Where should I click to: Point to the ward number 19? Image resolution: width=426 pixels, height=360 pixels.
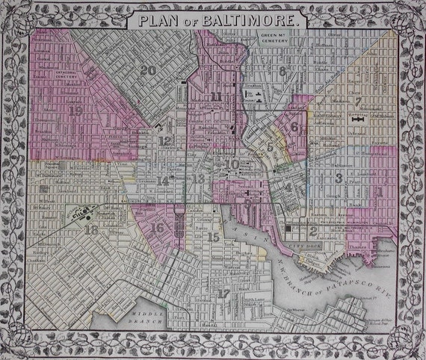point(75,110)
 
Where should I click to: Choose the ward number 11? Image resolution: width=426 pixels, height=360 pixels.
point(217,96)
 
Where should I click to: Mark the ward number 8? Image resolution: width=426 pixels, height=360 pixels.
point(282,71)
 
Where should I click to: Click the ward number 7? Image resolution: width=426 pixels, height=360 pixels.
point(357,101)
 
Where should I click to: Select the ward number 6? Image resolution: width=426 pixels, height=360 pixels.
point(294,127)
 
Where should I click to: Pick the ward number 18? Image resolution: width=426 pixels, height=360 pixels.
point(92,231)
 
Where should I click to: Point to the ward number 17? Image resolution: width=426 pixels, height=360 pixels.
point(223,294)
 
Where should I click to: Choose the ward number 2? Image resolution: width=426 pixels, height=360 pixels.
point(303,231)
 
